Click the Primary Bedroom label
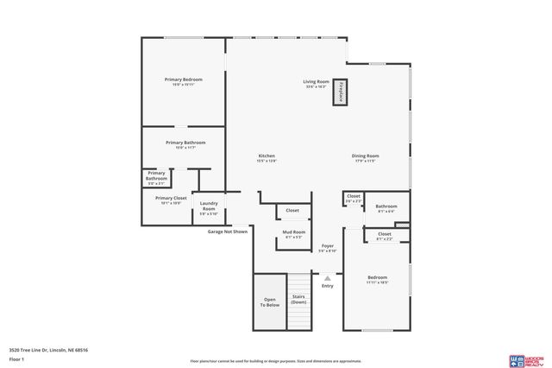[x=183, y=81]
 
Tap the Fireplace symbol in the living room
[x=341, y=92]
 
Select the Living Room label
[x=315, y=84]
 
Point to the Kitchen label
[x=266, y=158]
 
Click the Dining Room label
[x=366, y=158]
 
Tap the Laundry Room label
[x=209, y=206]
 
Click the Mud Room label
[x=294, y=233]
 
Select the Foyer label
[x=328, y=248]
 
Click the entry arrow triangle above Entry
[x=327, y=277]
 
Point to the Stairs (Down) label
[x=298, y=300]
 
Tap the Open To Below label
[x=270, y=302]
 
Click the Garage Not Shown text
[x=228, y=232]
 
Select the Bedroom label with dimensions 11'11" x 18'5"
[x=377, y=279]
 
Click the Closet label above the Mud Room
[x=292, y=210]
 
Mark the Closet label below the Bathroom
[x=384, y=235]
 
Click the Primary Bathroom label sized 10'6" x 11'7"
[x=185, y=144]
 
